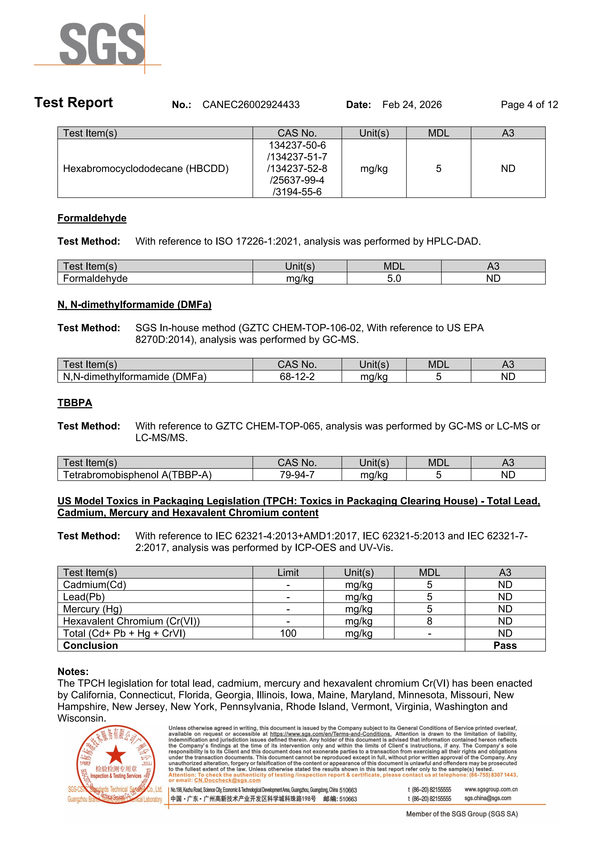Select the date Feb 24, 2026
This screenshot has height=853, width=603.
tap(412, 105)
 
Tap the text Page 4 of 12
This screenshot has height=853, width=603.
tap(529, 105)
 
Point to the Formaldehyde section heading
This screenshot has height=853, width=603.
tap(92, 218)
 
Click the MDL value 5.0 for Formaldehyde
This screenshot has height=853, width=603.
tap(394, 279)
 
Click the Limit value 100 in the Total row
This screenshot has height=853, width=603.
tap(288, 633)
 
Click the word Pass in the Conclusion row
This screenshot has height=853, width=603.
tap(505, 646)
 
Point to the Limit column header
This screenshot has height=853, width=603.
tap(288, 572)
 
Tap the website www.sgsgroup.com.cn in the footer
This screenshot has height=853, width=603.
tap(491, 790)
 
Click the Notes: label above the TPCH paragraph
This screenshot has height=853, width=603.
tap(73, 672)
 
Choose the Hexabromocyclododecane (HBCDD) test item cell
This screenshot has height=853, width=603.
tap(146, 169)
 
